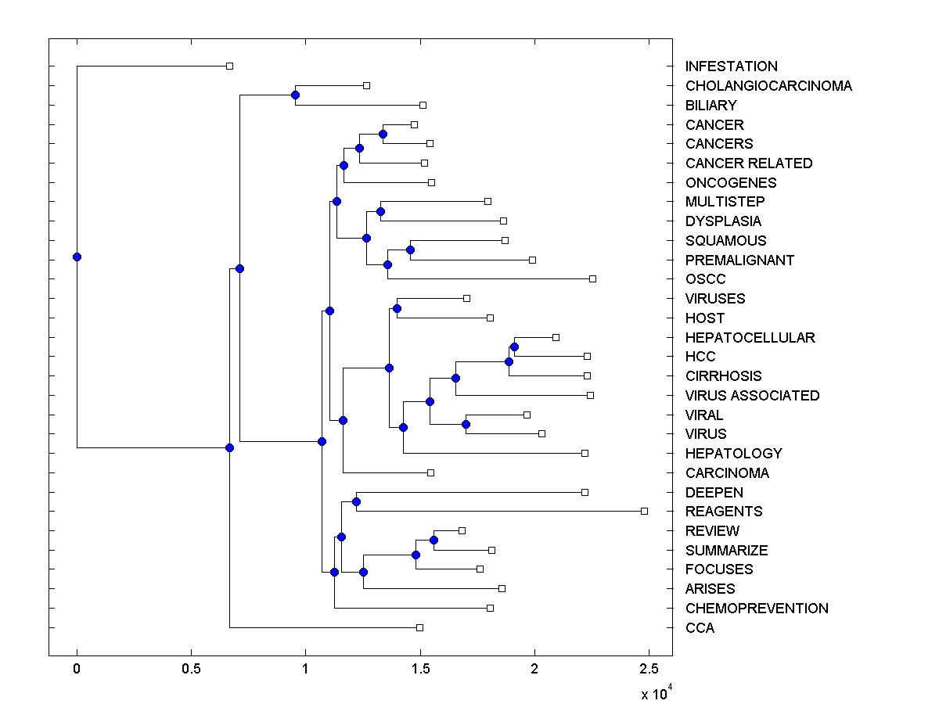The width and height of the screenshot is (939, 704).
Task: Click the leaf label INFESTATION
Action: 731,66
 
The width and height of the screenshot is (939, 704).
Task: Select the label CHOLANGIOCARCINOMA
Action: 768,86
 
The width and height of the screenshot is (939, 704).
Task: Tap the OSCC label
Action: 705,279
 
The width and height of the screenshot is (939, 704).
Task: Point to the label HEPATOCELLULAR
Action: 750,338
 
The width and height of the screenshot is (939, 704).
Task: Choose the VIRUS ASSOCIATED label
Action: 752,396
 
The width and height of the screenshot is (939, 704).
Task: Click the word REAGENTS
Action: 723,512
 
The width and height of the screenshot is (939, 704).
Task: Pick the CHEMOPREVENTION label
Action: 757,609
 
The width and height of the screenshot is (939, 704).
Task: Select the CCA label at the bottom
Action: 700,628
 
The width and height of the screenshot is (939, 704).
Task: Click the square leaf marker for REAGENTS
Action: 644,511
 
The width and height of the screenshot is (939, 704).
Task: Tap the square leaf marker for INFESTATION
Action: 229,66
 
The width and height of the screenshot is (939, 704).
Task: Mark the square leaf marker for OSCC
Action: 592,278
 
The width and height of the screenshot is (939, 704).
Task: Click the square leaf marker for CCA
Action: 419,627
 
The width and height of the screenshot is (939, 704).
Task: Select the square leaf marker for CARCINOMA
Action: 430,472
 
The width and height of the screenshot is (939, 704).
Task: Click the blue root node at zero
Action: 77,257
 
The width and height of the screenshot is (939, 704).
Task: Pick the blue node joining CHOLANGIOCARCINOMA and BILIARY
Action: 295,95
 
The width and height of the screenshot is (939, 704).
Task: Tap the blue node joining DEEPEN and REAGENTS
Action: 356,501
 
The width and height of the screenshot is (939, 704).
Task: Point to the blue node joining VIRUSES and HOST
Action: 397,308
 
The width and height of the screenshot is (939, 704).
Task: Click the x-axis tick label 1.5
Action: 419,670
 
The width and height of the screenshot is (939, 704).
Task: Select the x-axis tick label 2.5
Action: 649,670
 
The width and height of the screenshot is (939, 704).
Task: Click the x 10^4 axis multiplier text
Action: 651,693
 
